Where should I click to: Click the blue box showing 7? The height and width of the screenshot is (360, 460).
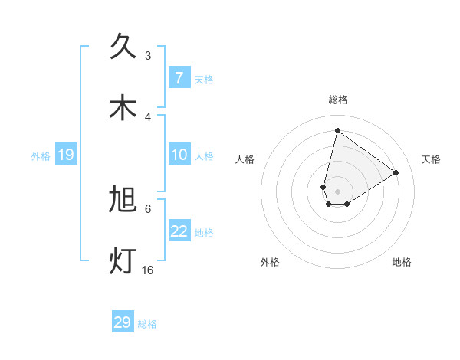tap(179, 77)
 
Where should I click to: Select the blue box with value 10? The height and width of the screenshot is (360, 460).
tap(179, 155)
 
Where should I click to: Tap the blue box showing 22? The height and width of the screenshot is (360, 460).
tap(179, 231)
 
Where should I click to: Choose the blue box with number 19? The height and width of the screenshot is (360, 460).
tap(65, 155)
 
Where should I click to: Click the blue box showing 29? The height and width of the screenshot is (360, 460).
tap(123, 322)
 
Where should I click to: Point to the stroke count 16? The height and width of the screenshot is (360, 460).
tap(148, 270)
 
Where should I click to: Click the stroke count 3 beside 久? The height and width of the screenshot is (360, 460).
tap(148, 55)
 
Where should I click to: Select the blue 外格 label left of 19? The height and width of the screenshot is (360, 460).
tap(41, 156)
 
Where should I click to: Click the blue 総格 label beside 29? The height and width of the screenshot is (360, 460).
tap(147, 324)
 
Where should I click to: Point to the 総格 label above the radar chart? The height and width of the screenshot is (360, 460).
tap(337, 100)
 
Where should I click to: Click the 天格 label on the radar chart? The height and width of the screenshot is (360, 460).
tap(432, 159)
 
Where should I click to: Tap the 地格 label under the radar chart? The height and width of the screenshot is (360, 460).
tap(402, 262)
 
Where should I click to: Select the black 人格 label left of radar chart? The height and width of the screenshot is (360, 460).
tap(245, 159)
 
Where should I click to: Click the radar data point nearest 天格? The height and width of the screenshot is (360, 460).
tap(396, 172)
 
